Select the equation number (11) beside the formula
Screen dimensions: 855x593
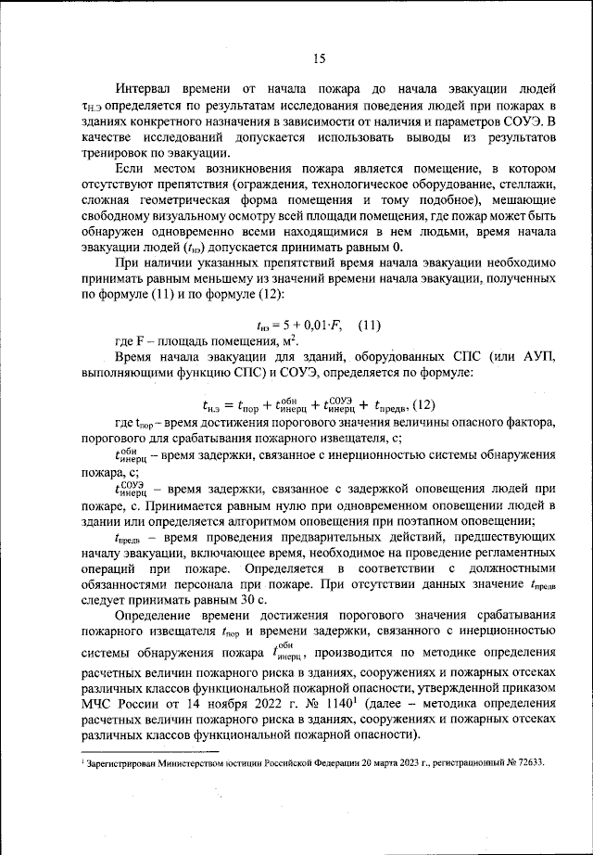tap(370, 325)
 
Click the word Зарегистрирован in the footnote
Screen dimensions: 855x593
tap(128, 762)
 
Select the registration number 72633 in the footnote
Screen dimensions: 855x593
tap(527, 762)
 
